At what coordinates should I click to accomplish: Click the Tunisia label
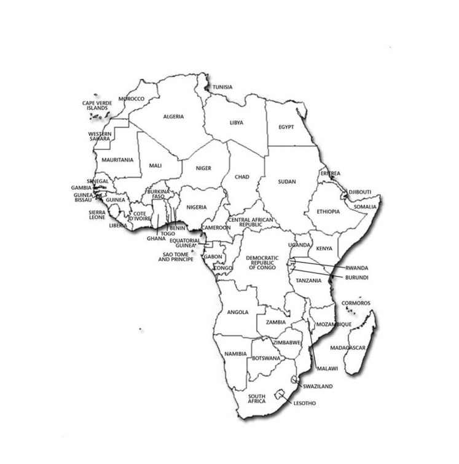click(222, 87)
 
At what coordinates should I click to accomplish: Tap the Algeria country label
click(173, 117)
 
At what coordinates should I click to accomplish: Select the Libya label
click(237, 122)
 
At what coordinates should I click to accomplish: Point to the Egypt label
click(286, 127)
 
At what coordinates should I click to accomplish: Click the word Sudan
click(287, 182)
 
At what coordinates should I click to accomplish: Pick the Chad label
click(242, 177)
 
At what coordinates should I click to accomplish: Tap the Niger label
click(203, 168)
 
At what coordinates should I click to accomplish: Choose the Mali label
click(155, 166)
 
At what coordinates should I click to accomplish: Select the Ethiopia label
click(328, 211)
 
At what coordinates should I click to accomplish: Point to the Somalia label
click(365, 206)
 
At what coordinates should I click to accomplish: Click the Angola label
click(238, 312)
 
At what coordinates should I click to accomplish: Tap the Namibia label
click(235, 354)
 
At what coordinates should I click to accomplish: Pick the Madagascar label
click(348, 348)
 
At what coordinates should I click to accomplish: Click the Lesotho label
click(305, 403)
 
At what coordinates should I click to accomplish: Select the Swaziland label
click(318, 387)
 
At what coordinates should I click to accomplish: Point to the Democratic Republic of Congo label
click(262, 264)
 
